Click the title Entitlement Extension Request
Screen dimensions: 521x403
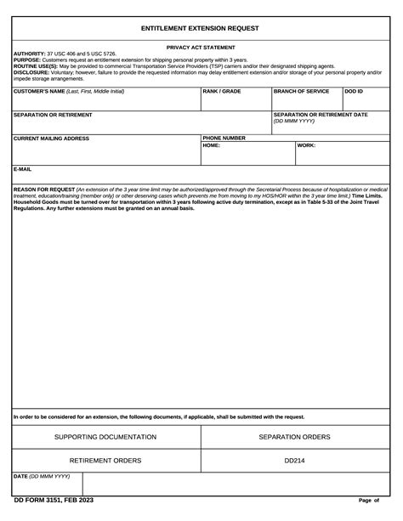pyautogui.click(x=201, y=28)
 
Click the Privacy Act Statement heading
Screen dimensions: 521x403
pyautogui.click(x=201, y=48)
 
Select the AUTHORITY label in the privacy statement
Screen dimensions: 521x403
pyautogui.click(x=29, y=54)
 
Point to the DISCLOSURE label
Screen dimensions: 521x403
pyautogui.click(x=31, y=72)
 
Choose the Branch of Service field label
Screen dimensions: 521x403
pyautogui.click(x=301, y=91)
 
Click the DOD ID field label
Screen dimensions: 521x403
pyautogui.click(x=354, y=91)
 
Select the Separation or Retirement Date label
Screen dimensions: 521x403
pyautogui.click(x=321, y=115)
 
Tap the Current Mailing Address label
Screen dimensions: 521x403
pyautogui.click(x=52, y=138)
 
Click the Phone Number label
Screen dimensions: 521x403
pyautogui.click(x=224, y=138)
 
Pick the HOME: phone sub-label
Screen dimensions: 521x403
pyautogui.click(x=212, y=145)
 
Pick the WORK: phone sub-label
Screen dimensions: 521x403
pyautogui.click(x=307, y=145)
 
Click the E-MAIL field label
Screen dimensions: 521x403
pyautogui.click(x=23, y=168)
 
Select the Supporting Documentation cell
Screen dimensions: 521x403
pyautogui.click(x=105, y=437)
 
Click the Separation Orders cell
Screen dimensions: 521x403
pyautogui.click(x=294, y=437)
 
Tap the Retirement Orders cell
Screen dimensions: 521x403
pyautogui.click(x=105, y=460)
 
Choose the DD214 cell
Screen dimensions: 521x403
pyautogui.click(x=294, y=460)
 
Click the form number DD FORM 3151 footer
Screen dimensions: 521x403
pyautogui.click(x=53, y=500)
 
